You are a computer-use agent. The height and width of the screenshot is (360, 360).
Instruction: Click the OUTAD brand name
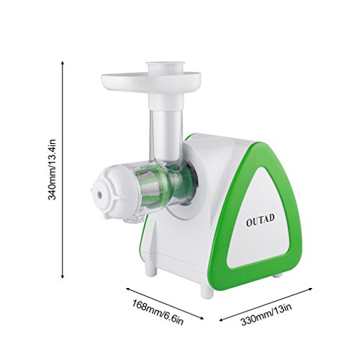260,220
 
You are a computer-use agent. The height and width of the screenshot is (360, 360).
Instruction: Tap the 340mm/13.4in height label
52,169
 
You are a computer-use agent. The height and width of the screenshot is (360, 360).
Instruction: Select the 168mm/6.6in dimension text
158,312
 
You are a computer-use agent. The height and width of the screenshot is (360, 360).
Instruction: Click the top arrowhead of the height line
63,63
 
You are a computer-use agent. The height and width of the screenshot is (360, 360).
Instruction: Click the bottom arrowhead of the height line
63,277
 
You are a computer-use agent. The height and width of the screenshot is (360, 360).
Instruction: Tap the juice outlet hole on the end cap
99,194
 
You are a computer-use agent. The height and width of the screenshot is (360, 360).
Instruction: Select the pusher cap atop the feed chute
166,66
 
